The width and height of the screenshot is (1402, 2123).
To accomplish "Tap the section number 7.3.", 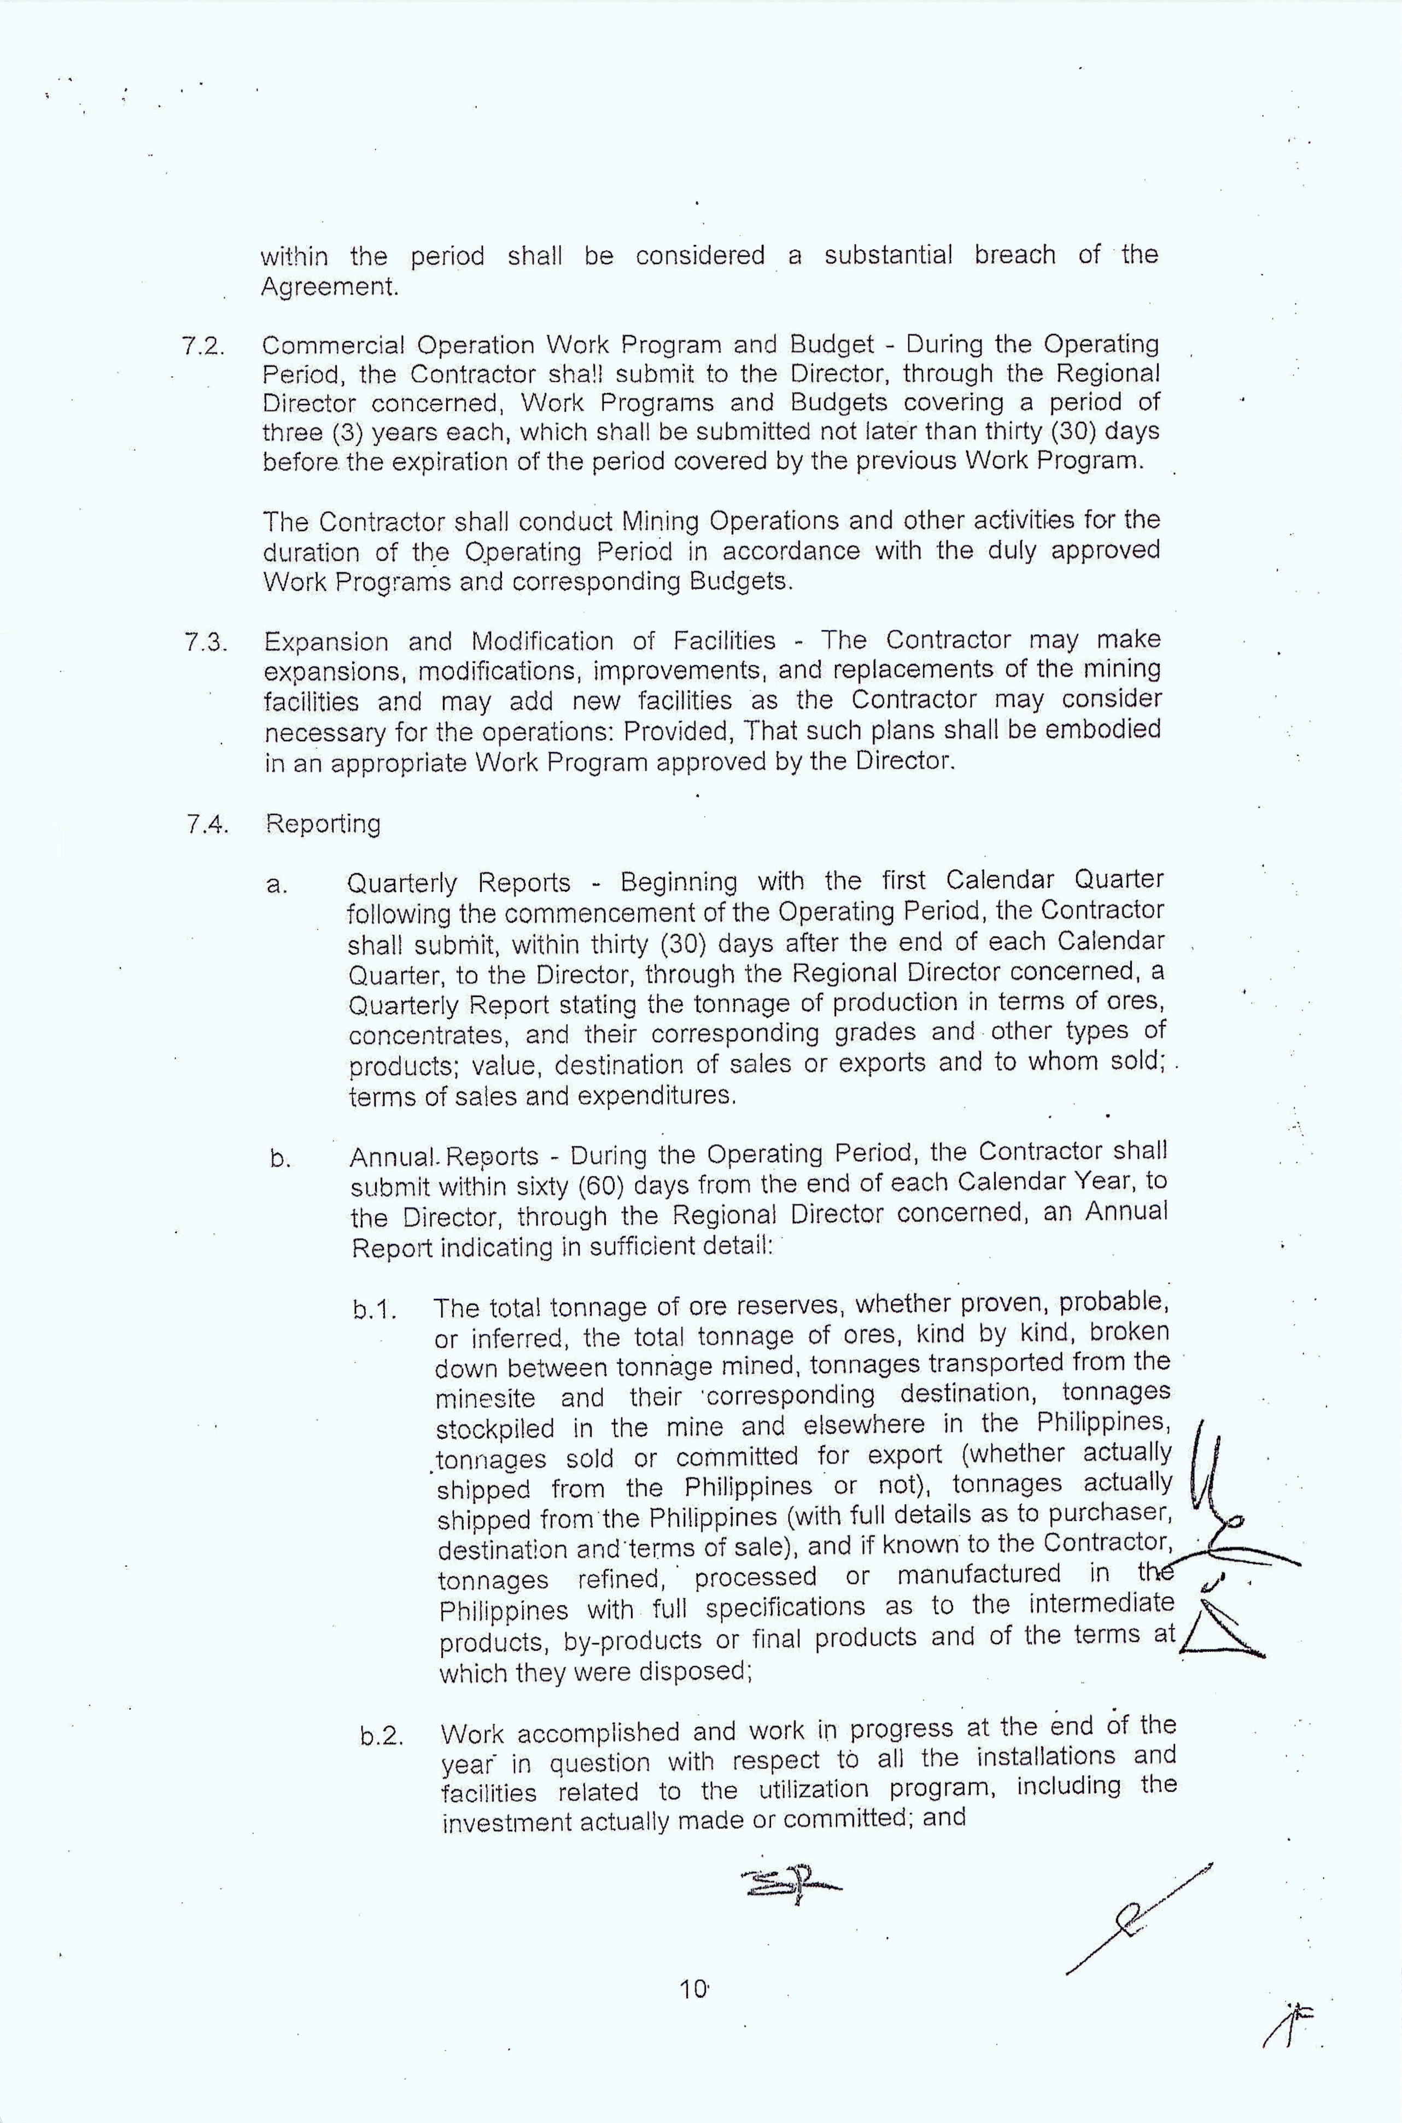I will point(205,643).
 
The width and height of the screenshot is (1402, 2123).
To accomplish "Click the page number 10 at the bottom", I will point(693,1990).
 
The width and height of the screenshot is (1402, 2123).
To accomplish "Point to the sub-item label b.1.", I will point(375,1310).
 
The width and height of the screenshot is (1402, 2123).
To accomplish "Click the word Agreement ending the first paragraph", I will point(328,288).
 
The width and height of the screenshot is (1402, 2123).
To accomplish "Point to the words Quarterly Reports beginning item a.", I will point(458,883).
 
